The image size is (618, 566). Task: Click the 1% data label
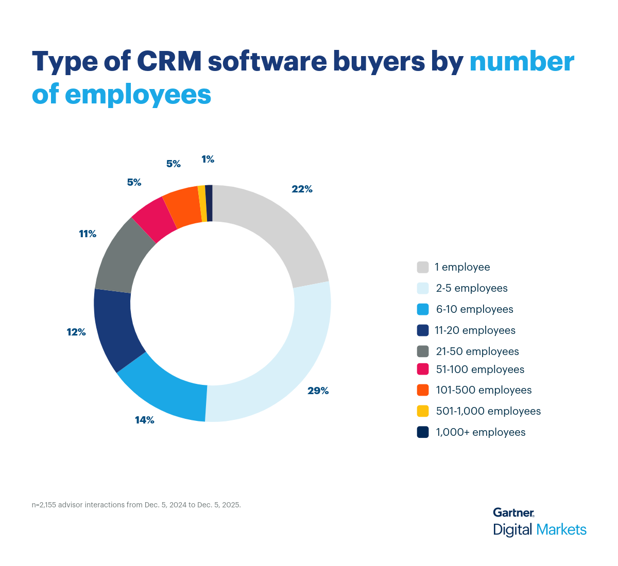point(208,160)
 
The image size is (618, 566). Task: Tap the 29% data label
point(318,391)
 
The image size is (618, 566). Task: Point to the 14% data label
point(145,420)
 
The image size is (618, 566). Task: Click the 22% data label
point(302,189)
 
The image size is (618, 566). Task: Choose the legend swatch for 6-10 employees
point(423,309)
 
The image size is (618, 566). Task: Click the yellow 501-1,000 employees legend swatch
point(423,411)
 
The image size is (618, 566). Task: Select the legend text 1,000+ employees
point(480,432)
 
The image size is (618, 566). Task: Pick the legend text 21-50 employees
point(477,351)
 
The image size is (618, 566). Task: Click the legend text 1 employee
point(462,267)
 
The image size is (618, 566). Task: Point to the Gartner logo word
point(513,512)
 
